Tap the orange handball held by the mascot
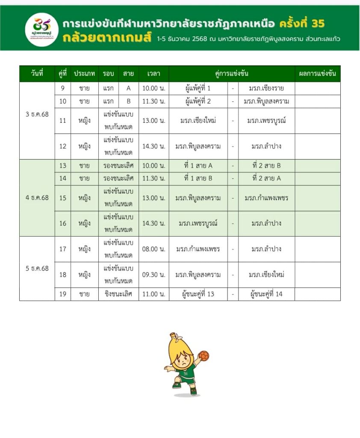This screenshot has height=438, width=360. coord(204,356)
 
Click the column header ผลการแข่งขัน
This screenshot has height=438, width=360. coord(317,74)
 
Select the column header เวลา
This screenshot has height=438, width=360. coord(153,74)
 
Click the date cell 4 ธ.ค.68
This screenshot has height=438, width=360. coord(37,198)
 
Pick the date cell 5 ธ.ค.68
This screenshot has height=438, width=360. coord(37,268)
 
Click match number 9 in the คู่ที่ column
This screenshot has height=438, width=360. coord(63,89)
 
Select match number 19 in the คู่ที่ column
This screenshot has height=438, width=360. coord(63,294)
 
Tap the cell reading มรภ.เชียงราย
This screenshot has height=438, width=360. coord(266,89)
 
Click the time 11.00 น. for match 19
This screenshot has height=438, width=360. coord(153,294)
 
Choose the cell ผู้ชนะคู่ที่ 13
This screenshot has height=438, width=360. coord(198,294)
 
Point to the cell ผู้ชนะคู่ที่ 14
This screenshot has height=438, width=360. coord(266,294)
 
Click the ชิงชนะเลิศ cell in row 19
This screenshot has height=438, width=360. coord(118,294)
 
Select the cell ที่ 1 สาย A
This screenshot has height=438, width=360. coord(198,166)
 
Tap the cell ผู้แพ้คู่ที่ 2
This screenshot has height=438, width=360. coord(198,101)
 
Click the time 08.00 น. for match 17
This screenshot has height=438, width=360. coord(153,249)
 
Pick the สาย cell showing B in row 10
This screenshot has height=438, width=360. coord(129,101)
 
